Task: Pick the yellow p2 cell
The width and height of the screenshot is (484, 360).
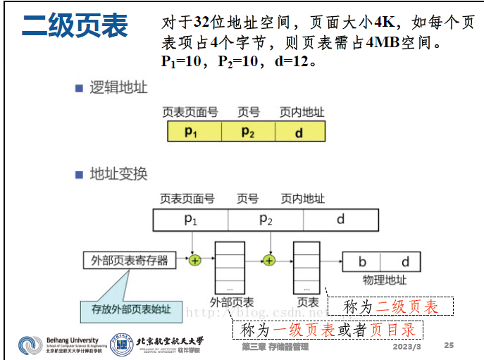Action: tap(248, 132)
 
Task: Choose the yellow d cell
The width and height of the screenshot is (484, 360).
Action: tap(299, 132)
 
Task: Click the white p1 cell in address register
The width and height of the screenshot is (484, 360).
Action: tap(191, 220)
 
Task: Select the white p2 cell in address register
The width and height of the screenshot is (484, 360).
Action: tap(266, 220)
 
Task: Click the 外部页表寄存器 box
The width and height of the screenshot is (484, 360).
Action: tap(130, 261)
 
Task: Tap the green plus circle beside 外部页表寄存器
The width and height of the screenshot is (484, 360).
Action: tap(195, 261)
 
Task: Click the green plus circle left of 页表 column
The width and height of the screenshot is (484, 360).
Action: tap(268, 261)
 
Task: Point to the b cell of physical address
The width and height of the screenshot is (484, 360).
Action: tap(362, 262)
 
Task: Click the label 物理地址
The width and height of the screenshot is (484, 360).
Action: tap(384, 280)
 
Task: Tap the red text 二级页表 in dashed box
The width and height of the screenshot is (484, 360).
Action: tap(407, 307)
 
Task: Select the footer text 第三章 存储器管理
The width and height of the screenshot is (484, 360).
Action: tap(274, 347)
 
